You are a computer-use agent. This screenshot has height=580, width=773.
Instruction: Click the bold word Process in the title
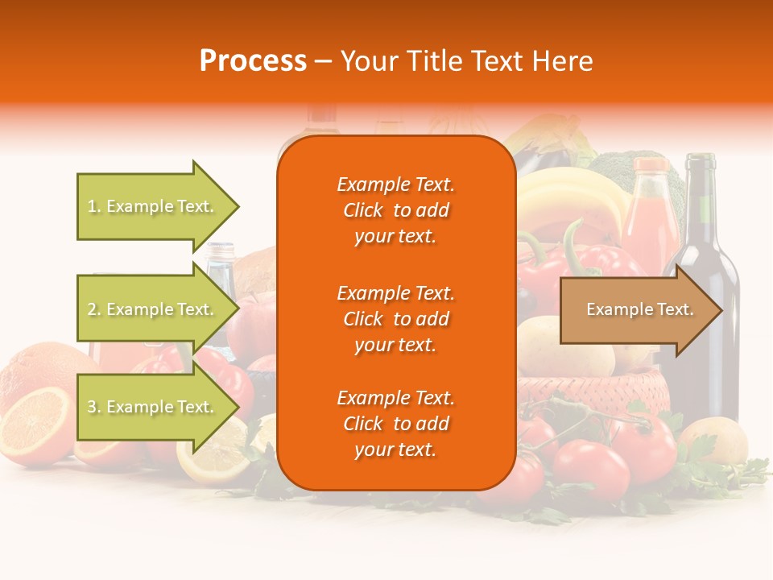(253, 61)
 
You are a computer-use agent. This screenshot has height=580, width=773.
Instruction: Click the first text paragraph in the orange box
(395, 210)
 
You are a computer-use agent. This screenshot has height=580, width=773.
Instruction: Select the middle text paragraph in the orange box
(395, 318)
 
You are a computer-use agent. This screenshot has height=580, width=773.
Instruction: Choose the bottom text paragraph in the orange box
(395, 424)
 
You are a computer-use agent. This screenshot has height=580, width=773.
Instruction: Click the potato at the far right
(713, 439)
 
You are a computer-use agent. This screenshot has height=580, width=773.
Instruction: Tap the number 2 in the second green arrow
(91, 309)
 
